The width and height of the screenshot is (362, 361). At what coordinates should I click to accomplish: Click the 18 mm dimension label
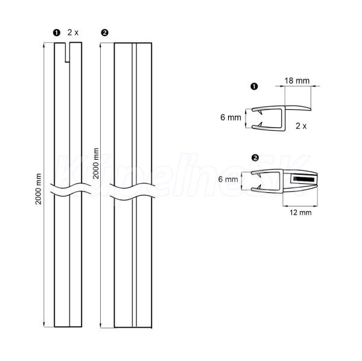(297, 81)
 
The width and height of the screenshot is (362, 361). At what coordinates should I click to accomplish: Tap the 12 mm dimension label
(300, 213)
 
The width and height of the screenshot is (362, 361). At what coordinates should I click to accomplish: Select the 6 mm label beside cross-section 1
(230, 118)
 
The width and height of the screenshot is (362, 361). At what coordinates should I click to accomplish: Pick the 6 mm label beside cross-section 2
(228, 179)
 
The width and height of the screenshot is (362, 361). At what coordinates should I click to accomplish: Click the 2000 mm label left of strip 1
(39, 189)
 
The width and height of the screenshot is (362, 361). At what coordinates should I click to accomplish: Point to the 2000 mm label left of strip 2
(95, 163)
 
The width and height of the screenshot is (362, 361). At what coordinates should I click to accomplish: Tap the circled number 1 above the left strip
(57, 33)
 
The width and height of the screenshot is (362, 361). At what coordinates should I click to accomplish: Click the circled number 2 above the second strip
(104, 33)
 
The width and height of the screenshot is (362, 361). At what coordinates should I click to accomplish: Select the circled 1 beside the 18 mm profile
(254, 87)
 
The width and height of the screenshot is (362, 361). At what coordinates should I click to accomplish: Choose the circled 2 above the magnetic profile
(255, 158)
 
